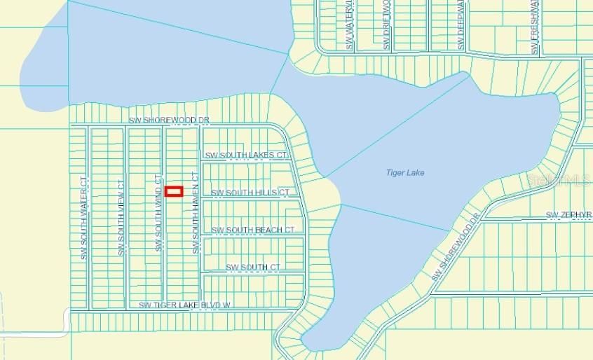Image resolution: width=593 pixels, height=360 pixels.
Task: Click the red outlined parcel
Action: (x=174, y=191)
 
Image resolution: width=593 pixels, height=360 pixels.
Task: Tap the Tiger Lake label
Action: (x=405, y=173)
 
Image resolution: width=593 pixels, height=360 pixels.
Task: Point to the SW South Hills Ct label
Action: (x=250, y=192)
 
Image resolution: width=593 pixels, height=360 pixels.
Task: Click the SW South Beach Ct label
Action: (x=252, y=230)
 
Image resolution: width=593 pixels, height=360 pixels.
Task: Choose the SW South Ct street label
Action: (x=252, y=267)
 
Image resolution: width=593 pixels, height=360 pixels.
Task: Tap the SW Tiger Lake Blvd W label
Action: (x=185, y=305)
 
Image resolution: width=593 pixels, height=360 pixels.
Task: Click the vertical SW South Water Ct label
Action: (x=83, y=218)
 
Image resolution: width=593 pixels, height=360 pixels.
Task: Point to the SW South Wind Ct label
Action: (x=158, y=213)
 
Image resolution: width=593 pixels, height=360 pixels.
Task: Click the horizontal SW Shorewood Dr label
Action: (x=168, y=120)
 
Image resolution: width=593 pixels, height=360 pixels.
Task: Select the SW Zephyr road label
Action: (x=568, y=214)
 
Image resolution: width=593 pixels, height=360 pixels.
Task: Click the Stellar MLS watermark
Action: (x=559, y=179)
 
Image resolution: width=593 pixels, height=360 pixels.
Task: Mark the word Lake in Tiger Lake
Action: (x=415, y=173)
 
